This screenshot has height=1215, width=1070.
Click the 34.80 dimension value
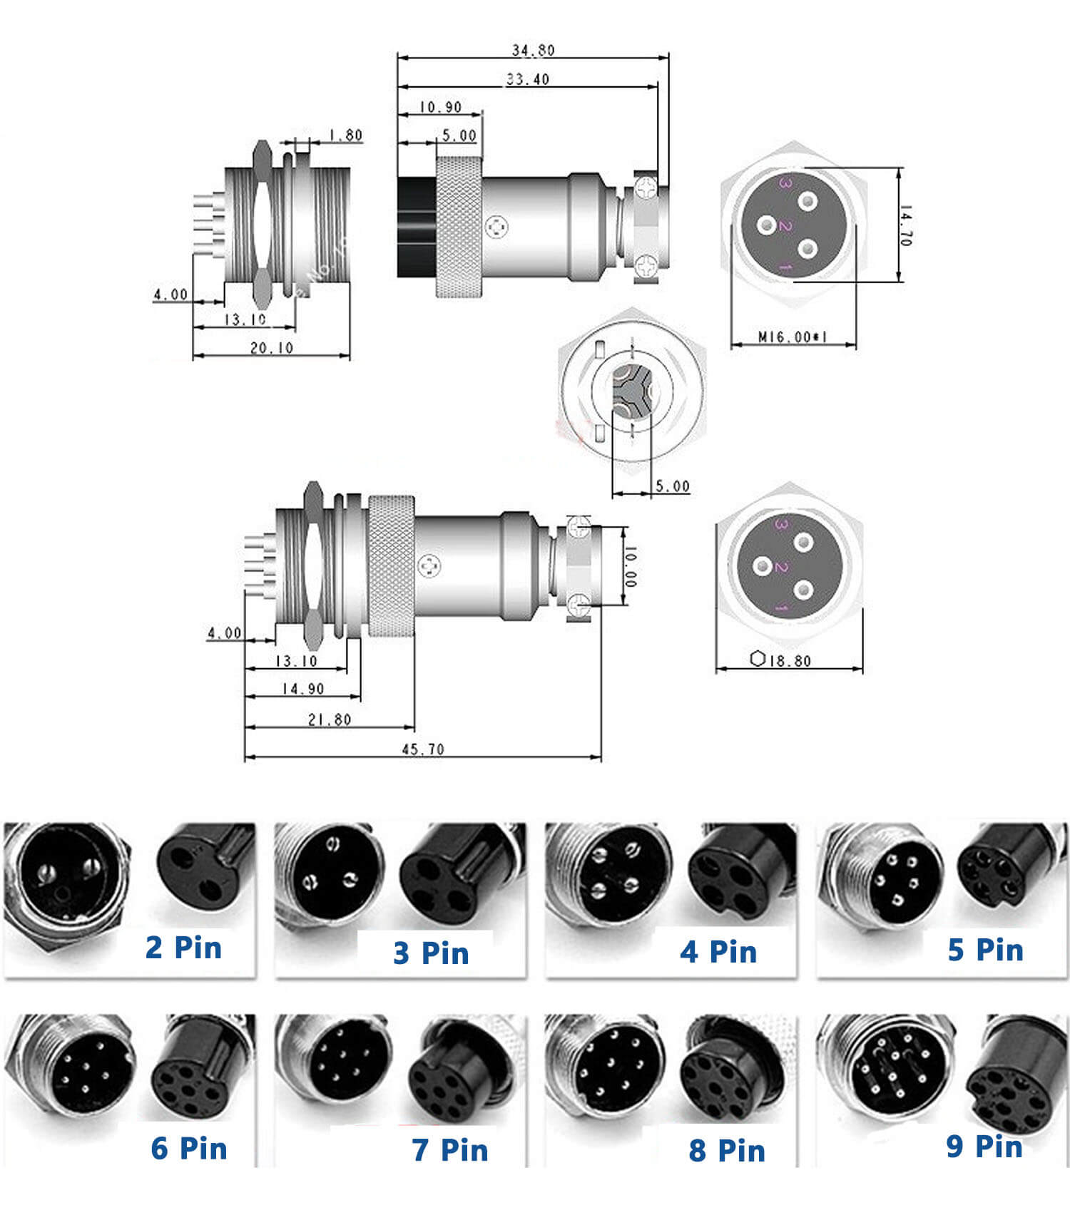pyautogui.click(x=533, y=50)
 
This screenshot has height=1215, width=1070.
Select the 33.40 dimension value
pyautogui.click(x=527, y=79)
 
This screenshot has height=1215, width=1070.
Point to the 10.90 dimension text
pyautogui.click(x=440, y=107)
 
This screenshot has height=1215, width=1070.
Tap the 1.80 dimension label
pyautogui.click(x=345, y=135)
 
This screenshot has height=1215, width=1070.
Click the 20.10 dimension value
pyautogui.click(x=271, y=348)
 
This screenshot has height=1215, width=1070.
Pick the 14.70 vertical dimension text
pyautogui.click(x=905, y=225)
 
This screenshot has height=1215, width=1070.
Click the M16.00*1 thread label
pyautogui.click(x=792, y=337)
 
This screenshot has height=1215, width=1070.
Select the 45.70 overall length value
pyautogui.click(x=422, y=749)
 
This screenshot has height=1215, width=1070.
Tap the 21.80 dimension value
pyautogui.click(x=329, y=719)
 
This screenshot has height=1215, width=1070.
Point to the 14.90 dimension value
pyautogui.click(x=302, y=689)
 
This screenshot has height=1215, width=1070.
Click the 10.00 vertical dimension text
pyautogui.click(x=631, y=567)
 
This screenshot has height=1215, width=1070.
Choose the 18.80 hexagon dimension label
pyautogui.click(x=790, y=661)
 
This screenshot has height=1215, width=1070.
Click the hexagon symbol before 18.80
pyautogui.click(x=758, y=659)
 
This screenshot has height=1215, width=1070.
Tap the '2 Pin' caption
pyautogui.click(x=183, y=948)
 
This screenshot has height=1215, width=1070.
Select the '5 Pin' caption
pyautogui.click(x=985, y=950)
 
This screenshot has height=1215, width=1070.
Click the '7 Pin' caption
pyautogui.click(x=449, y=1149)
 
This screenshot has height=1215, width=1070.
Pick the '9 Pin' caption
pyautogui.click(x=984, y=1146)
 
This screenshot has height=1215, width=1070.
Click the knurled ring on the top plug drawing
pyautogui.click(x=460, y=227)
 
